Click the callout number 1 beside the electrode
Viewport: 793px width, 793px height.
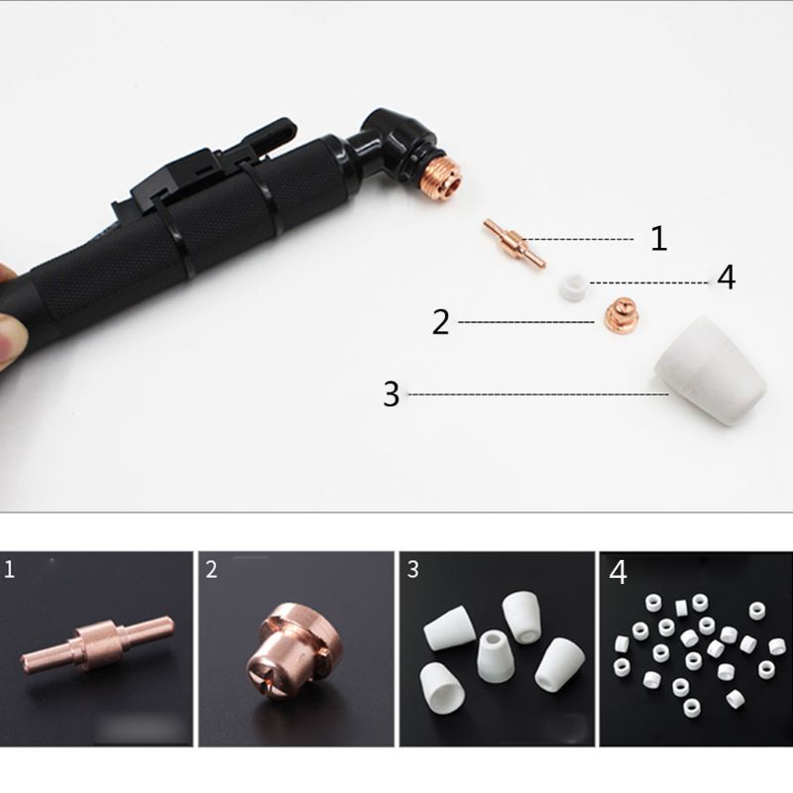tap(658, 239)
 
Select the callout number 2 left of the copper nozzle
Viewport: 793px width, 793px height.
tap(441, 322)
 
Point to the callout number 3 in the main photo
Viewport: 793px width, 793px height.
tap(392, 395)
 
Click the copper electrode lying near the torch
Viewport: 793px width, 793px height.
tap(512, 244)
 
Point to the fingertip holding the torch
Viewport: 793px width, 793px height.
tap(12, 337)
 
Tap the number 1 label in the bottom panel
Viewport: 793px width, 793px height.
tap(11, 570)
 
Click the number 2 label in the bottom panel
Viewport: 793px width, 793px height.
tap(212, 570)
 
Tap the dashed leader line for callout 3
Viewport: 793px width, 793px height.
tap(535, 395)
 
